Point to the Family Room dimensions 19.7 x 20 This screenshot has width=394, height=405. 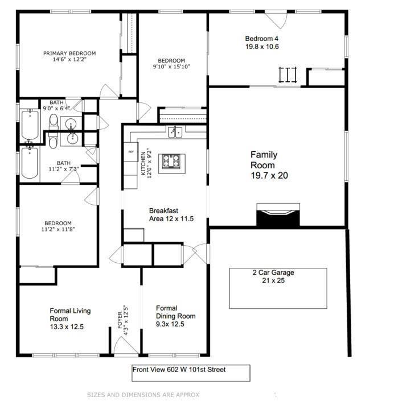point(269,176)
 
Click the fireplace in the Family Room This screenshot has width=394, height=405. point(278,215)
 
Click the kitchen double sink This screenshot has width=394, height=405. point(175,133)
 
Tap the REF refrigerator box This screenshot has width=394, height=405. point(131,152)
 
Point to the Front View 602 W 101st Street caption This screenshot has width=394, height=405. point(179,370)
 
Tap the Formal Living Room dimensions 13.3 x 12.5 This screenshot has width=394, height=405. point(67,327)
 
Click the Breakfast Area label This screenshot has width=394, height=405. point(171,214)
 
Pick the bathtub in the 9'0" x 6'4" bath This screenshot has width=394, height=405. point(30,125)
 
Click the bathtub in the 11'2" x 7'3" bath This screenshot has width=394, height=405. point(30,162)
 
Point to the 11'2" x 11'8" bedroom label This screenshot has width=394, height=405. point(58,226)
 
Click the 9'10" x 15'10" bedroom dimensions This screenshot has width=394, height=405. point(171,67)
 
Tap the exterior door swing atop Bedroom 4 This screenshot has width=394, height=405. point(276,20)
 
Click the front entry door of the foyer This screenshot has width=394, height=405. point(126,345)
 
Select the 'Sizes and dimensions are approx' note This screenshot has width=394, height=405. point(143,395)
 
